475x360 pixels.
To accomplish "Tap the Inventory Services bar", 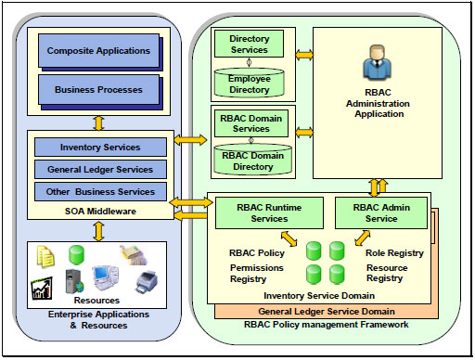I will click(100, 148).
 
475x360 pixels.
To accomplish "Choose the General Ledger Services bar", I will click(100, 170).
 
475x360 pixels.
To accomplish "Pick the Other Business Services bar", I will click(100, 192).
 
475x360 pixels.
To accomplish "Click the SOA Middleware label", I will click(100, 212).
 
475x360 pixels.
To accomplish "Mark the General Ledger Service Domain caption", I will click(322, 311).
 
